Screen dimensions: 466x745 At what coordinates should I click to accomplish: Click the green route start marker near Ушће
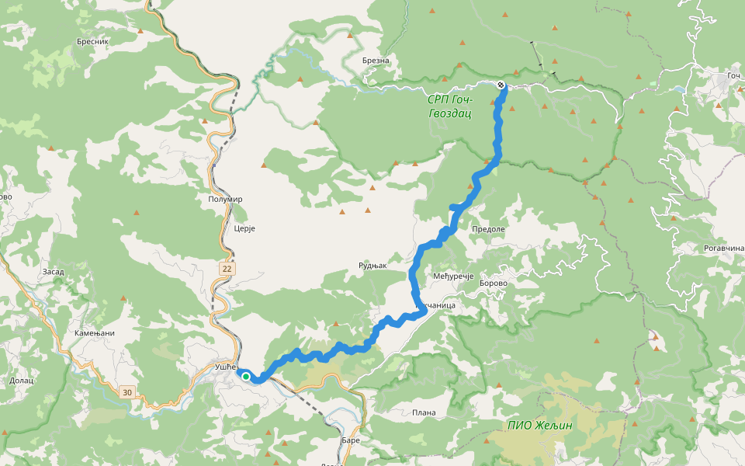point(245,377)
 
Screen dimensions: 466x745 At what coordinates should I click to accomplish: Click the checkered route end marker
point(501,85)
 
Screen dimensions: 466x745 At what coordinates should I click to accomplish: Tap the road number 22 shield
point(227,268)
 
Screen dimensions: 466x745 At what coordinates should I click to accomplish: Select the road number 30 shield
point(126,393)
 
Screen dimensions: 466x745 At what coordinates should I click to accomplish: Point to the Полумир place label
point(226,199)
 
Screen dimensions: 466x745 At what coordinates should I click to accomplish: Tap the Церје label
point(244,229)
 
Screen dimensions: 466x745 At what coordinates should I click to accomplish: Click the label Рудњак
point(372,266)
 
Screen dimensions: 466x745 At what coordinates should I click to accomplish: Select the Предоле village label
point(488,229)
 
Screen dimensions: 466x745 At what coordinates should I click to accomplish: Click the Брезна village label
point(376,61)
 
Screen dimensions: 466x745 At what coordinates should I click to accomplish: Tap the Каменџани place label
point(94,333)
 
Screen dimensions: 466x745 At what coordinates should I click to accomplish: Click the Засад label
point(53,272)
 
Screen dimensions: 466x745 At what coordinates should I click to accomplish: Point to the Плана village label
point(424,412)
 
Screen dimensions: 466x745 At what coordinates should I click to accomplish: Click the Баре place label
point(351,440)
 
